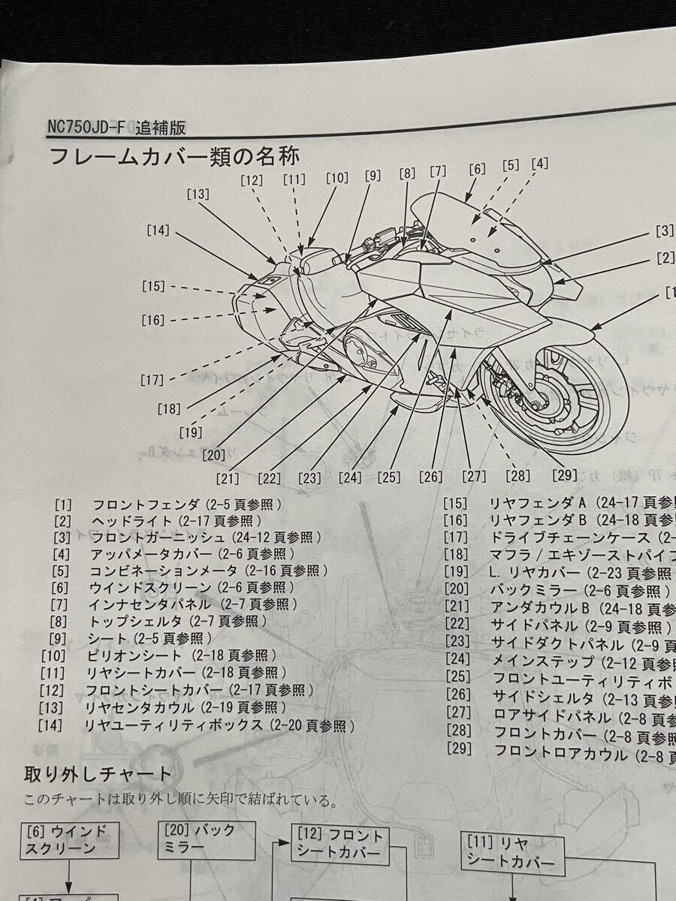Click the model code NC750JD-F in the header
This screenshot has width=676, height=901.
tap(85, 127)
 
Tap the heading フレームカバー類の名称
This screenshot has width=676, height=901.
tap(174, 157)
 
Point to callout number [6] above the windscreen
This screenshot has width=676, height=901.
tap(477, 170)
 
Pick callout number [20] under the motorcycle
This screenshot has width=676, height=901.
tap(213, 454)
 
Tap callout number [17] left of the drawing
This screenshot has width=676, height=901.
tap(152, 380)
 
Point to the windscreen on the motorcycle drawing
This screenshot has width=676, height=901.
tap(473, 225)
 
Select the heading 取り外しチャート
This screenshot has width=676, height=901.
tap(98, 774)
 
